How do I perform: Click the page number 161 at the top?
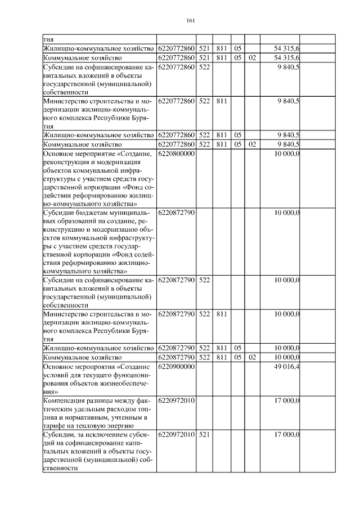(x=190, y=21)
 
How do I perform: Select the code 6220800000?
(x=176, y=154)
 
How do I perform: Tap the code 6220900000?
(x=176, y=367)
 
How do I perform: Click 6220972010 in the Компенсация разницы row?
(x=176, y=400)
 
